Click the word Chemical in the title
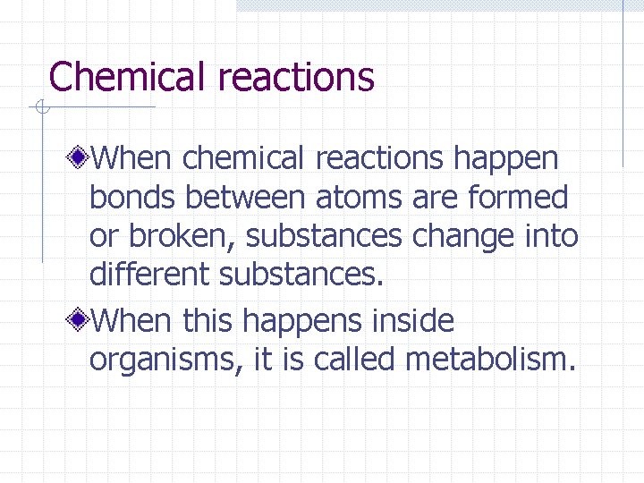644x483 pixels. pos(129,77)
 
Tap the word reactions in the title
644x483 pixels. pos(296,77)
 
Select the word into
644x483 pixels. pos(552,237)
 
